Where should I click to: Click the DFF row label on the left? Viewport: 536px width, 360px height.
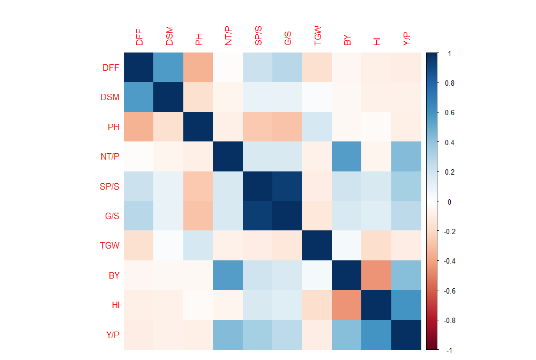110,67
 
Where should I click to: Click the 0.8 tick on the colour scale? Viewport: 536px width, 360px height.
449,83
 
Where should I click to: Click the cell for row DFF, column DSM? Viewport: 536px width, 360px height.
169,67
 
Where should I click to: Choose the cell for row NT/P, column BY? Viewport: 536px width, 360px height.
347,156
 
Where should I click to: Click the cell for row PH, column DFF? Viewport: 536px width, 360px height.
139,127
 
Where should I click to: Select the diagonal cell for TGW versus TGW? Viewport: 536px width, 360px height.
317,246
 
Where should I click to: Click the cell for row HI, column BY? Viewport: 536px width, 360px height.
347,305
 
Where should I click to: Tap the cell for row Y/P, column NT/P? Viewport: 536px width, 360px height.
228,335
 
